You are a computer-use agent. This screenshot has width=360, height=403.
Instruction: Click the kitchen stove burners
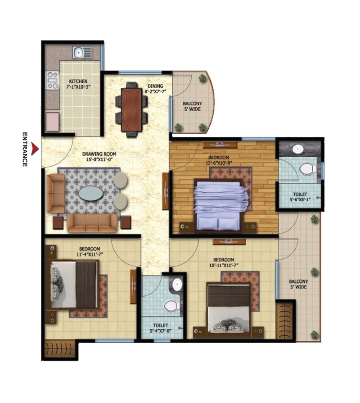tap(53, 80)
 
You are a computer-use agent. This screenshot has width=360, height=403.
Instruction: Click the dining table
tap(131, 108)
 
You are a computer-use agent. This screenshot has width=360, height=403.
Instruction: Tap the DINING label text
tap(155, 86)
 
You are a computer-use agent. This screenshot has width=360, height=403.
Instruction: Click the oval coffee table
tap(91, 194)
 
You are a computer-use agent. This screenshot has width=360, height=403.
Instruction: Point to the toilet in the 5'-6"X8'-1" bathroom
tap(308, 169)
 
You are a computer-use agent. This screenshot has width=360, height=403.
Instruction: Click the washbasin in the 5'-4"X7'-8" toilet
tap(177, 285)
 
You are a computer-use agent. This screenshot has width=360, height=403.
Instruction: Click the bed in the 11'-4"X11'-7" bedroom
tap(74, 284)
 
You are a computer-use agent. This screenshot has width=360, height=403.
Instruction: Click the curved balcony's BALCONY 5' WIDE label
tap(192, 106)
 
